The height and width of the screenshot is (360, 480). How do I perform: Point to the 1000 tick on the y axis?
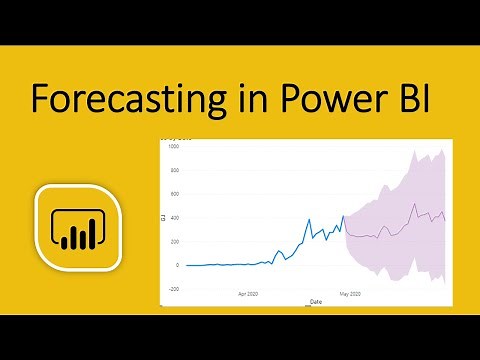pos(172,147)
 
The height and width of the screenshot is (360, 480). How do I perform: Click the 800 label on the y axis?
pos(173,170)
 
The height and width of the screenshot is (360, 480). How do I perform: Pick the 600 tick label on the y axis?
pos(173,194)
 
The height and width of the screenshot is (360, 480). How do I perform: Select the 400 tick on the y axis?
pos(173,218)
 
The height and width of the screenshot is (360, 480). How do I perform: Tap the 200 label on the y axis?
pos(173,242)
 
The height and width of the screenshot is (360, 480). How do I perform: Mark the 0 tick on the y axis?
pos(177,265)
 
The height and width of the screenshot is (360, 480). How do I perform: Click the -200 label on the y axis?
pos(172,289)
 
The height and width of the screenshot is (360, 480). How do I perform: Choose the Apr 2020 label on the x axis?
pos(249,296)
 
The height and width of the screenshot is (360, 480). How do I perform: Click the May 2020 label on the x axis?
pos(349,296)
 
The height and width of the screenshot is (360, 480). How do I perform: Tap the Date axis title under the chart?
pos(316,301)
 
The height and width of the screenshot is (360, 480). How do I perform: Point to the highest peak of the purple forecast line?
pos(414,204)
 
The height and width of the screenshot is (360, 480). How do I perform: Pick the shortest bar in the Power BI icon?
pos(65,241)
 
